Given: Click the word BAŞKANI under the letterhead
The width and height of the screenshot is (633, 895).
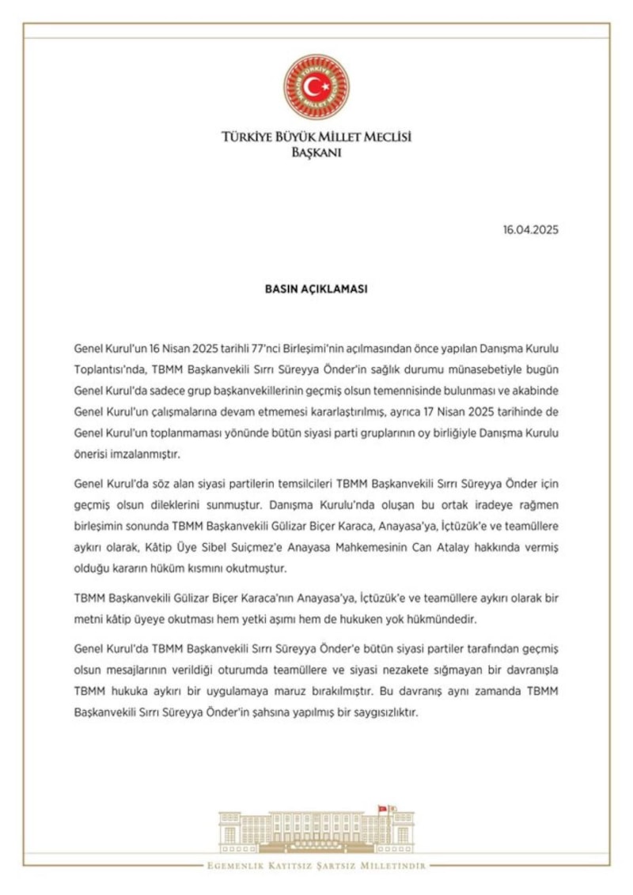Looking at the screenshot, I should [316, 153].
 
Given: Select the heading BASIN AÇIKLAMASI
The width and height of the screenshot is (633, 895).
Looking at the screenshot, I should [316, 289].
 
